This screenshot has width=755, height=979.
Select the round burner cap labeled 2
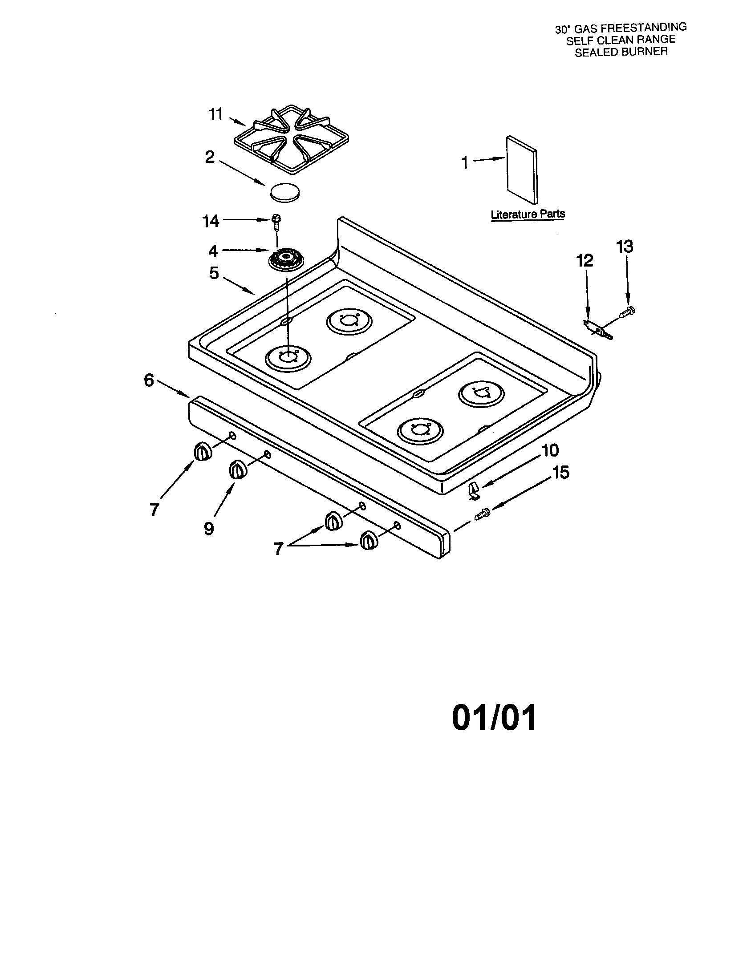pyautogui.click(x=285, y=192)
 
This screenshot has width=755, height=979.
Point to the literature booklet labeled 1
pyautogui.click(x=521, y=170)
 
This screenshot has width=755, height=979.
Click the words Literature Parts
pyautogui.click(x=528, y=214)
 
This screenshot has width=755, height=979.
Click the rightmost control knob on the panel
pyautogui.click(x=369, y=540)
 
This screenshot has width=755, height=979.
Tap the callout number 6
pyautogui.click(x=149, y=380)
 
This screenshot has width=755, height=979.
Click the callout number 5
pyautogui.click(x=214, y=273)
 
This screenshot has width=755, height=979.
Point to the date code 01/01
pyautogui.click(x=494, y=718)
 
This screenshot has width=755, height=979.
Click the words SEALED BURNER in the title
pyautogui.click(x=621, y=52)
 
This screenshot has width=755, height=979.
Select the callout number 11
pyautogui.click(x=216, y=115)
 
